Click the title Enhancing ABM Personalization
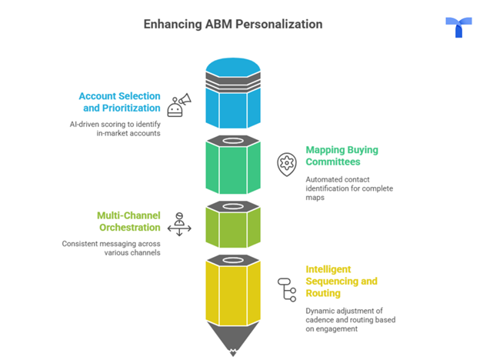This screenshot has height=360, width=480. point(232,24)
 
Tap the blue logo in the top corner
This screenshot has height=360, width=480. point(458,27)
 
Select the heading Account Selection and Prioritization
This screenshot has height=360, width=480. point(119,102)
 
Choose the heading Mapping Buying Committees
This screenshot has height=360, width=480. point(342,155)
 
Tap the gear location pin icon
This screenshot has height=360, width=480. point(286,163)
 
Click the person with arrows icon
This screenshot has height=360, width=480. point(179,223)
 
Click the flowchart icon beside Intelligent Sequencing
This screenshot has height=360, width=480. point(286,289)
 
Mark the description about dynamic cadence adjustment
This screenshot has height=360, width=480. point(350,319)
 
